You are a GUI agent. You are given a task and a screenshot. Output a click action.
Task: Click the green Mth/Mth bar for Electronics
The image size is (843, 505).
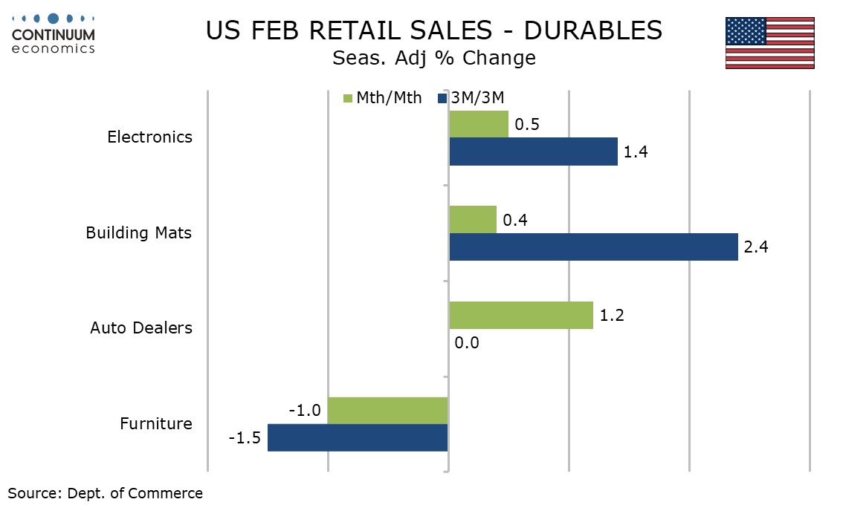point(479,124)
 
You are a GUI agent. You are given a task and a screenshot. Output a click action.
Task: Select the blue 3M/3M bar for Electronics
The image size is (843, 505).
point(533,151)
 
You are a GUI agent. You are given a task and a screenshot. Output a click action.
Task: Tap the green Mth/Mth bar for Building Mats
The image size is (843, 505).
point(473,220)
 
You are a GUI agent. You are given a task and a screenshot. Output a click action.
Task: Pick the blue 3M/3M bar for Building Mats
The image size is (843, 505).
point(593,247)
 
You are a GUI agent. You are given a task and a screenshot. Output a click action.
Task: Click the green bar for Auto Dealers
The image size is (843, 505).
point(521,315)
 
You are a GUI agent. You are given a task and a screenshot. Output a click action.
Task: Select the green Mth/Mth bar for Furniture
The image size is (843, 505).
point(387,410)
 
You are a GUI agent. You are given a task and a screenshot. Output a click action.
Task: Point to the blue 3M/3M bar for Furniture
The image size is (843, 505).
point(358,437)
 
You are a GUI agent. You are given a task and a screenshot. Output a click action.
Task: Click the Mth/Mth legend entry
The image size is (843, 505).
point(382,98)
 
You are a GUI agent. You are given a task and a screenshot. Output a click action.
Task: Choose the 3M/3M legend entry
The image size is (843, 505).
point(472,98)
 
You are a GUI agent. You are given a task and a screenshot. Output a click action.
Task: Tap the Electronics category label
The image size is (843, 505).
point(149,137)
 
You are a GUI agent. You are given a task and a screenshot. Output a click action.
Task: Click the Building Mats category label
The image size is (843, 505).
point(138,232)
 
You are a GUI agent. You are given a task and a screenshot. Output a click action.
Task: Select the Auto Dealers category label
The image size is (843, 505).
point(141,328)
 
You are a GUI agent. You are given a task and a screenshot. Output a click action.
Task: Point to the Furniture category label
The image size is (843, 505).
point(156,424)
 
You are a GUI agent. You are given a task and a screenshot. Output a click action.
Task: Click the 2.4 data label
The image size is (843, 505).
point(755,247)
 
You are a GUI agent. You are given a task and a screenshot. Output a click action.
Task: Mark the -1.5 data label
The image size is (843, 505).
point(245,438)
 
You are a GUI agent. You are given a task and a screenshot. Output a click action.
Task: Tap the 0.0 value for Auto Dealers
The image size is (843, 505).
point(468,342)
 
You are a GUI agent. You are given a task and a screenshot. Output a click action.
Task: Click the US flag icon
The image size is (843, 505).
point(769,43)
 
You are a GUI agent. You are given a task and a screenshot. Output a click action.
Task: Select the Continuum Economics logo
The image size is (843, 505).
point(54,33)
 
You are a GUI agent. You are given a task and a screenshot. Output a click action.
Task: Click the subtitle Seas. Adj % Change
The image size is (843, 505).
point(434,58)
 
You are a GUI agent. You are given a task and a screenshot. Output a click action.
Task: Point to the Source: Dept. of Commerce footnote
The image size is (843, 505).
point(105,492)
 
